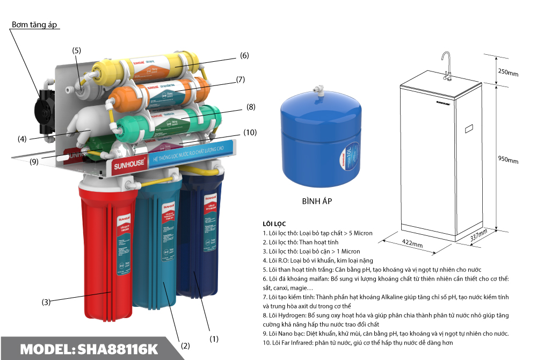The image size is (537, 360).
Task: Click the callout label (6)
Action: (244, 55)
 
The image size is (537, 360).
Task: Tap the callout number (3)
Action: (46, 302)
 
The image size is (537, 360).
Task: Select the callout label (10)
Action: (250, 132)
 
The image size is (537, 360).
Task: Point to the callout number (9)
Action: (34, 161)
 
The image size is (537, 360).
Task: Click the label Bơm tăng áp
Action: (34, 25)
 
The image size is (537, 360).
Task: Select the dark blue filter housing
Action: (201, 236)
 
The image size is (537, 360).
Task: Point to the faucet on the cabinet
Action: (446, 64)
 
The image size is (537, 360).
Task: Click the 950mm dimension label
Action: (507, 160)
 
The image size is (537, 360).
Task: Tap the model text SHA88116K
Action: (89, 349)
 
